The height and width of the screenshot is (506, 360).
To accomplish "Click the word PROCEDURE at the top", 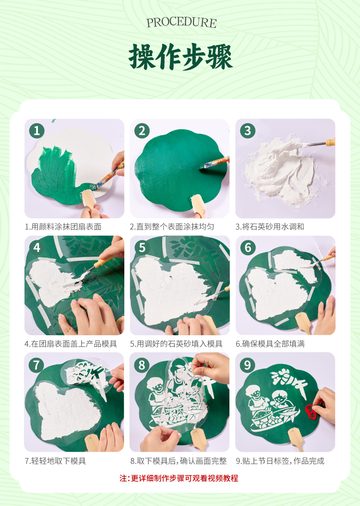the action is [181, 23].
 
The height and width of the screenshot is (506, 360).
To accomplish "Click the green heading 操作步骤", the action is [180, 57].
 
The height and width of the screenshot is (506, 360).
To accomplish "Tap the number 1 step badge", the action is [37, 130].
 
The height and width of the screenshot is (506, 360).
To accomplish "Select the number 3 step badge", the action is [248, 130].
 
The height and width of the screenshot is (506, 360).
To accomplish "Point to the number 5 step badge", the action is [142, 247].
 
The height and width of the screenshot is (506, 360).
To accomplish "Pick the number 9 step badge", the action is [247, 365].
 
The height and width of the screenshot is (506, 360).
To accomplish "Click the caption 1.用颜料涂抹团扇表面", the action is [63, 226].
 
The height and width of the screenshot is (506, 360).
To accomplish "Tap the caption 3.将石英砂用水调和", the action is [270, 226].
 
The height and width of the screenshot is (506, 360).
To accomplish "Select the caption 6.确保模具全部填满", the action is [270, 344].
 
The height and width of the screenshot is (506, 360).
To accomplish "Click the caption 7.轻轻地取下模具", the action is [56, 461].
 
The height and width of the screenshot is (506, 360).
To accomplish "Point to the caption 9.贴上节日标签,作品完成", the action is [280, 461].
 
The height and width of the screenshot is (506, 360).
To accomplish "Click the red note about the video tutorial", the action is [179, 478].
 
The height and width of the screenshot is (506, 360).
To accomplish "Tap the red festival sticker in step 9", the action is [311, 412].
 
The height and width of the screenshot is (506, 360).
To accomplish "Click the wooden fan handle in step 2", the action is [198, 205].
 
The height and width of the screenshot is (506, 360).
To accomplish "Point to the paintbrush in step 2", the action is [215, 162].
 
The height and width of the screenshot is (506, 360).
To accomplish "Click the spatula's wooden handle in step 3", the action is [330, 142].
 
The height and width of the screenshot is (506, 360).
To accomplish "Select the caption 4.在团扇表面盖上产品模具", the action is [71, 344].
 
